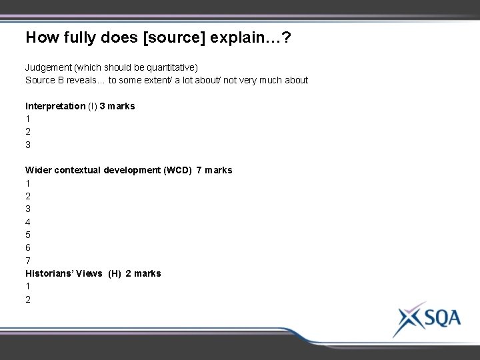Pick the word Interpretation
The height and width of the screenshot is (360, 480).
click(55, 106)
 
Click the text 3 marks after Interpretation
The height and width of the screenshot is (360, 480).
click(117, 106)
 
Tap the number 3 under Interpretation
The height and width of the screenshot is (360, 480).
click(28, 145)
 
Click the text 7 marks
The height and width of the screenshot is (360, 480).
click(215, 171)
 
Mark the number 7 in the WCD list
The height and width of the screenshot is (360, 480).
click(28, 261)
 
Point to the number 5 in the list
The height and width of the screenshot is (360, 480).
click(28, 235)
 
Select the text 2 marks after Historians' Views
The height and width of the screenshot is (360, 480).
click(143, 273)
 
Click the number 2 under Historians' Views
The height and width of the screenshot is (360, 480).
click(28, 299)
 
